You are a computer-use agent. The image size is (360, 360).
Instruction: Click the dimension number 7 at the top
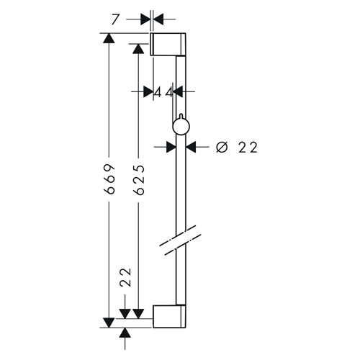[115, 19]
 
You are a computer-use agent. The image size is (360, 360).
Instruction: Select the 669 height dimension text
[109, 179]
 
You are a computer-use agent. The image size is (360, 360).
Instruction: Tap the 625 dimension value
[139, 179]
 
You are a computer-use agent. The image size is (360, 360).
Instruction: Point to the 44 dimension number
[163, 92]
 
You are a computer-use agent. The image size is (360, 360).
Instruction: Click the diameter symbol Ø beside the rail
[222, 148]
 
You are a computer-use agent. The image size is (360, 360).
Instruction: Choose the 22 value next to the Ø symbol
[248, 148]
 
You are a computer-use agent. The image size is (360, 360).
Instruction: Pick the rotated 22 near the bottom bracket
[126, 277]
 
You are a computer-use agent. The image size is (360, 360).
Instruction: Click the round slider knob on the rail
[181, 127]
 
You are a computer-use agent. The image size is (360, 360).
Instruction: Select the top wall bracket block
[168, 44]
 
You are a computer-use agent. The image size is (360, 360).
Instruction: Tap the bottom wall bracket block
[169, 316]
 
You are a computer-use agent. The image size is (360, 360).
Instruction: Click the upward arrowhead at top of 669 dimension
[109, 38]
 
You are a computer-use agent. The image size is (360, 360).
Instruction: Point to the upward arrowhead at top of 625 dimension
[138, 49]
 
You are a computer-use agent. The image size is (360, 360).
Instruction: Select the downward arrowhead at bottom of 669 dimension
[109, 323]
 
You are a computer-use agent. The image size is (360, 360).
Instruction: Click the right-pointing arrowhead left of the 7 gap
[145, 19]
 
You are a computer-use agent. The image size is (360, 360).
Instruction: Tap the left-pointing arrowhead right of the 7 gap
[158, 19]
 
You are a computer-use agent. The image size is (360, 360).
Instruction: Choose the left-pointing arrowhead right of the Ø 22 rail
[191, 147]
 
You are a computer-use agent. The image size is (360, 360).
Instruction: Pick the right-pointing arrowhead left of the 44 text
[148, 91]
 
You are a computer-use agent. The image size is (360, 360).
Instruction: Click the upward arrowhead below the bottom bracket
[125, 333]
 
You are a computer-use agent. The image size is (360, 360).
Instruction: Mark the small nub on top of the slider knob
[181, 116]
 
